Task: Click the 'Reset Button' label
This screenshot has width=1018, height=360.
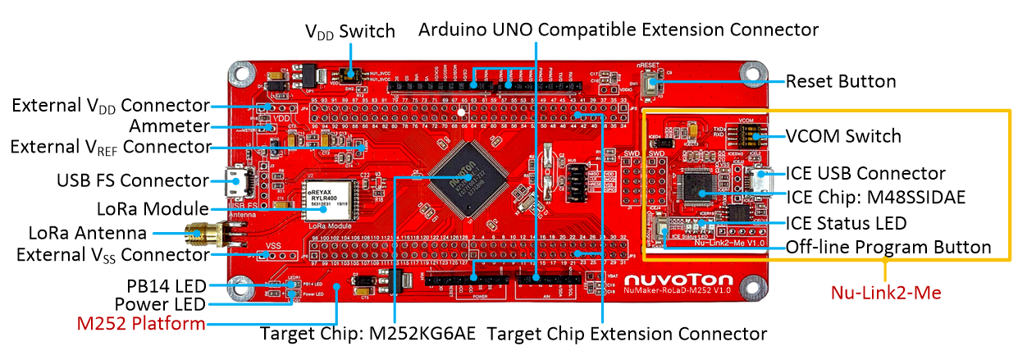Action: click(x=840, y=81)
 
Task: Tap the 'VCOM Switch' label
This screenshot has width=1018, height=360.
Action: click(x=843, y=136)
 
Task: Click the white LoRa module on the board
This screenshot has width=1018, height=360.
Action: click(x=325, y=198)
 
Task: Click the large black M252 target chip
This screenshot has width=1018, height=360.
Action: click(x=463, y=179)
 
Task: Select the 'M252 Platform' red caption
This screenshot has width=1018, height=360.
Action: click(x=141, y=324)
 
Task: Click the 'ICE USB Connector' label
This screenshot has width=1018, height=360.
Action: click(x=865, y=174)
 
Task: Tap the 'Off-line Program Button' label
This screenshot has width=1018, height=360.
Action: click(x=888, y=247)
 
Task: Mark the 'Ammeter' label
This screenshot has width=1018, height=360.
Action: click(x=169, y=126)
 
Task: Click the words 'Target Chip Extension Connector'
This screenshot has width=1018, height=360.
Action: click(x=627, y=334)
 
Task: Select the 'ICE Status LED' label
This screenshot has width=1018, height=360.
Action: click(x=846, y=222)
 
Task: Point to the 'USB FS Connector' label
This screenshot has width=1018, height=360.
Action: click(x=132, y=180)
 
